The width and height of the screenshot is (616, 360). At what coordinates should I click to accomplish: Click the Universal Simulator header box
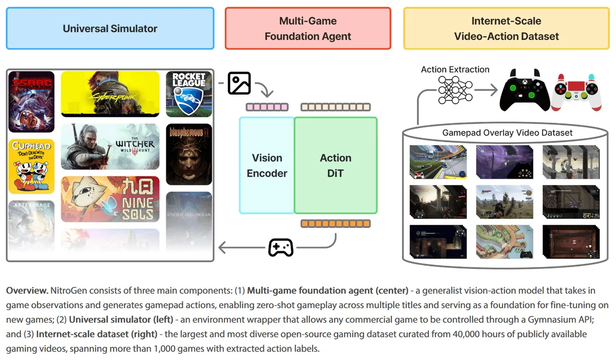tap(110, 28)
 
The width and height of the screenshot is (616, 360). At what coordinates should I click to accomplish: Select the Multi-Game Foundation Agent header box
tap(308, 28)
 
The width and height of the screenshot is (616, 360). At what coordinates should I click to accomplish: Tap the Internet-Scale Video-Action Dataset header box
tap(506, 28)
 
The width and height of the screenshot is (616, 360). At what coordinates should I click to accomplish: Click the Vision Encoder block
tap(267, 165)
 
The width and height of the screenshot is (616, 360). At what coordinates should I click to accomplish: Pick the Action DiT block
tap(336, 165)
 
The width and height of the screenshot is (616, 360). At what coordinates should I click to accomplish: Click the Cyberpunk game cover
tap(110, 93)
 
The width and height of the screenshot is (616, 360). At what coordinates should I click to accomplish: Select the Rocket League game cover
tap(189, 93)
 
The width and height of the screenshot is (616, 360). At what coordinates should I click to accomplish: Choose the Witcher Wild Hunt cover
tap(110, 146)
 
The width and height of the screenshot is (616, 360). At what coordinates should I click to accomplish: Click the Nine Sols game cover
tap(110, 199)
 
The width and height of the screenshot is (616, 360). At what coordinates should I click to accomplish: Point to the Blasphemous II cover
tap(189, 154)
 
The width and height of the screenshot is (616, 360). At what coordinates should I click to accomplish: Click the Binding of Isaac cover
tap(31, 101)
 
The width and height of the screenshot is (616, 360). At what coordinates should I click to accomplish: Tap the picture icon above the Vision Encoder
tap(239, 83)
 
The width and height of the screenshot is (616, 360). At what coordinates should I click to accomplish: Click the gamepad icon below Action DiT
tap(281, 248)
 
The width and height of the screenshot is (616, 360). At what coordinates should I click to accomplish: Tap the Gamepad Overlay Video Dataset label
tap(507, 132)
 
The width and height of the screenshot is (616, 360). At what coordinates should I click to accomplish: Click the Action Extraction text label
tap(455, 69)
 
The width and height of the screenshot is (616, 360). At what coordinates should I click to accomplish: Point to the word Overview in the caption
tap(27, 291)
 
